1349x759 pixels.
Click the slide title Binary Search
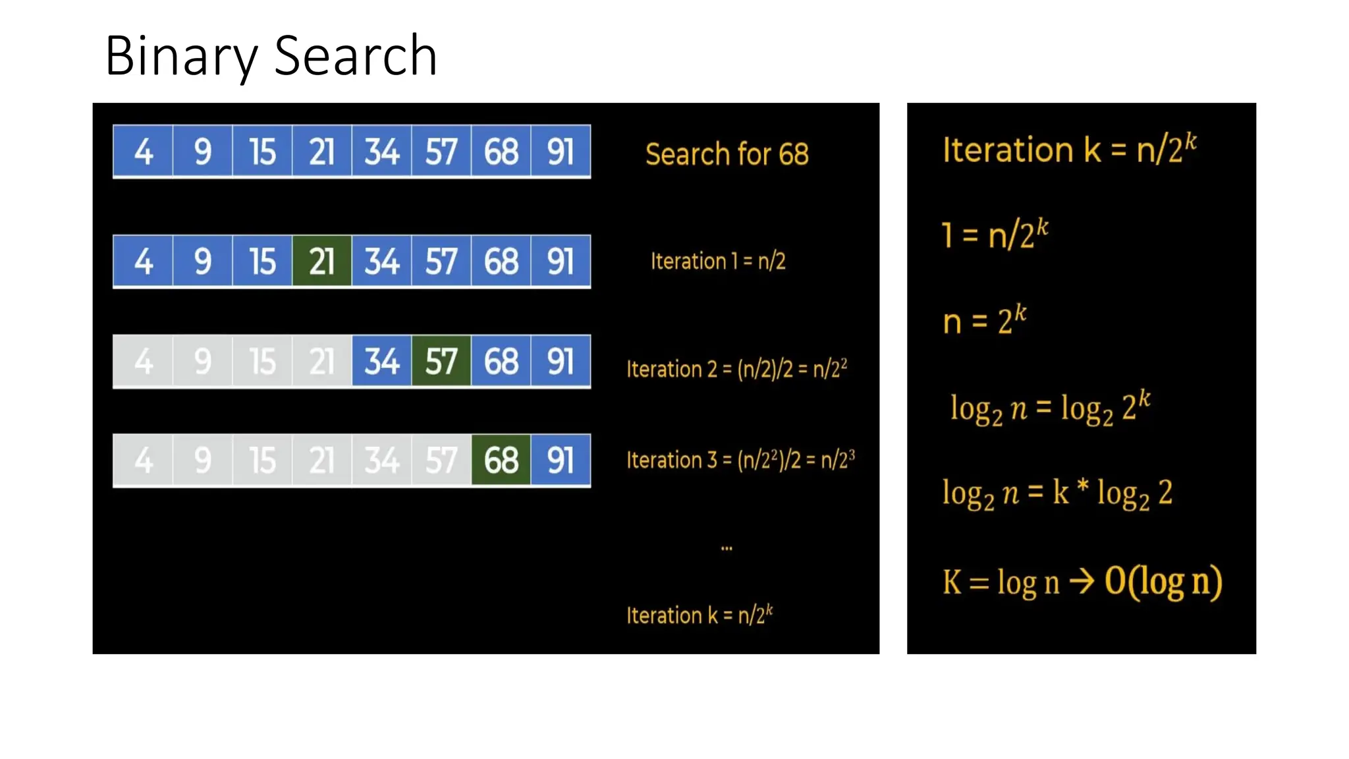(271, 56)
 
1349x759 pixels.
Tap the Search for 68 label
(727, 154)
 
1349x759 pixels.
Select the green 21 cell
(321, 262)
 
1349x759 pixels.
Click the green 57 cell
(441, 361)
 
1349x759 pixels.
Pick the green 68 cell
(501, 460)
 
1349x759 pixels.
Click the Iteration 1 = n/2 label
(718, 262)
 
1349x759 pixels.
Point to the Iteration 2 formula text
(736, 369)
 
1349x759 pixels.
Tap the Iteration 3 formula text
(740, 459)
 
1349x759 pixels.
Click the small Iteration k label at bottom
(700, 615)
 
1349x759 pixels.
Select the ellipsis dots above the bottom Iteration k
(727, 548)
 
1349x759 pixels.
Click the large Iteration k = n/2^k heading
(1069, 150)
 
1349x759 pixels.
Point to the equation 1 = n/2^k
(995, 235)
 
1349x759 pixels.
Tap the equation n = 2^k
(984, 321)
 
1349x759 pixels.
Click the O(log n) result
(1163, 582)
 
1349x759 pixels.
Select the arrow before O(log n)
(1082, 581)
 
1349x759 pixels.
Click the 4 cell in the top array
(143, 152)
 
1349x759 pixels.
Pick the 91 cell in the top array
(561, 152)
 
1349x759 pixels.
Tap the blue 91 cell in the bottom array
(561, 460)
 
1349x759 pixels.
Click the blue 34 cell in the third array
(382, 361)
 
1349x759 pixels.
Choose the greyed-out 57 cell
(441, 460)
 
